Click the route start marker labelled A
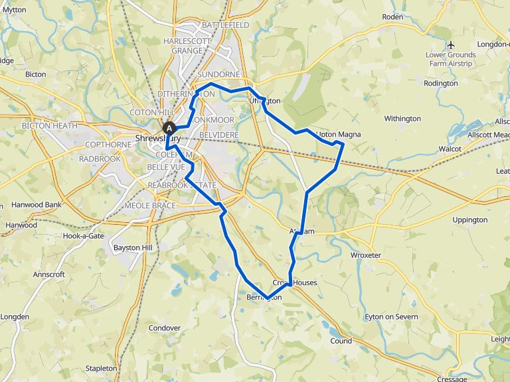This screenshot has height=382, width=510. click(x=169, y=128)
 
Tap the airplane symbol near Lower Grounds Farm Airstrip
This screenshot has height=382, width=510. click(x=452, y=44)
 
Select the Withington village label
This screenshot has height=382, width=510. click(x=402, y=119)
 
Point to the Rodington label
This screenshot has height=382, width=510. click(x=440, y=84)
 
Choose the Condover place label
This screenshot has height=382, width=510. click(x=165, y=328)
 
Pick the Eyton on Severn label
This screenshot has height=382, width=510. click(x=392, y=317)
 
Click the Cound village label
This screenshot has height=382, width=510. click(x=341, y=341)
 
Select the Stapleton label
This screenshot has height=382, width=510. click(x=102, y=367)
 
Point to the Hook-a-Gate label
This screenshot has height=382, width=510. click(x=84, y=236)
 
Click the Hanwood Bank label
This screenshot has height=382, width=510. click(x=37, y=205)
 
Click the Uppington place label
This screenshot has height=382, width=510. click(x=469, y=220)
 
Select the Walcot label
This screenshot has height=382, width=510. click(x=455, y=150)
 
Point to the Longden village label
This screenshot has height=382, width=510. click(x=15, y=317)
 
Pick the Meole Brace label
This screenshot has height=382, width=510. click(x=150, y=206)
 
